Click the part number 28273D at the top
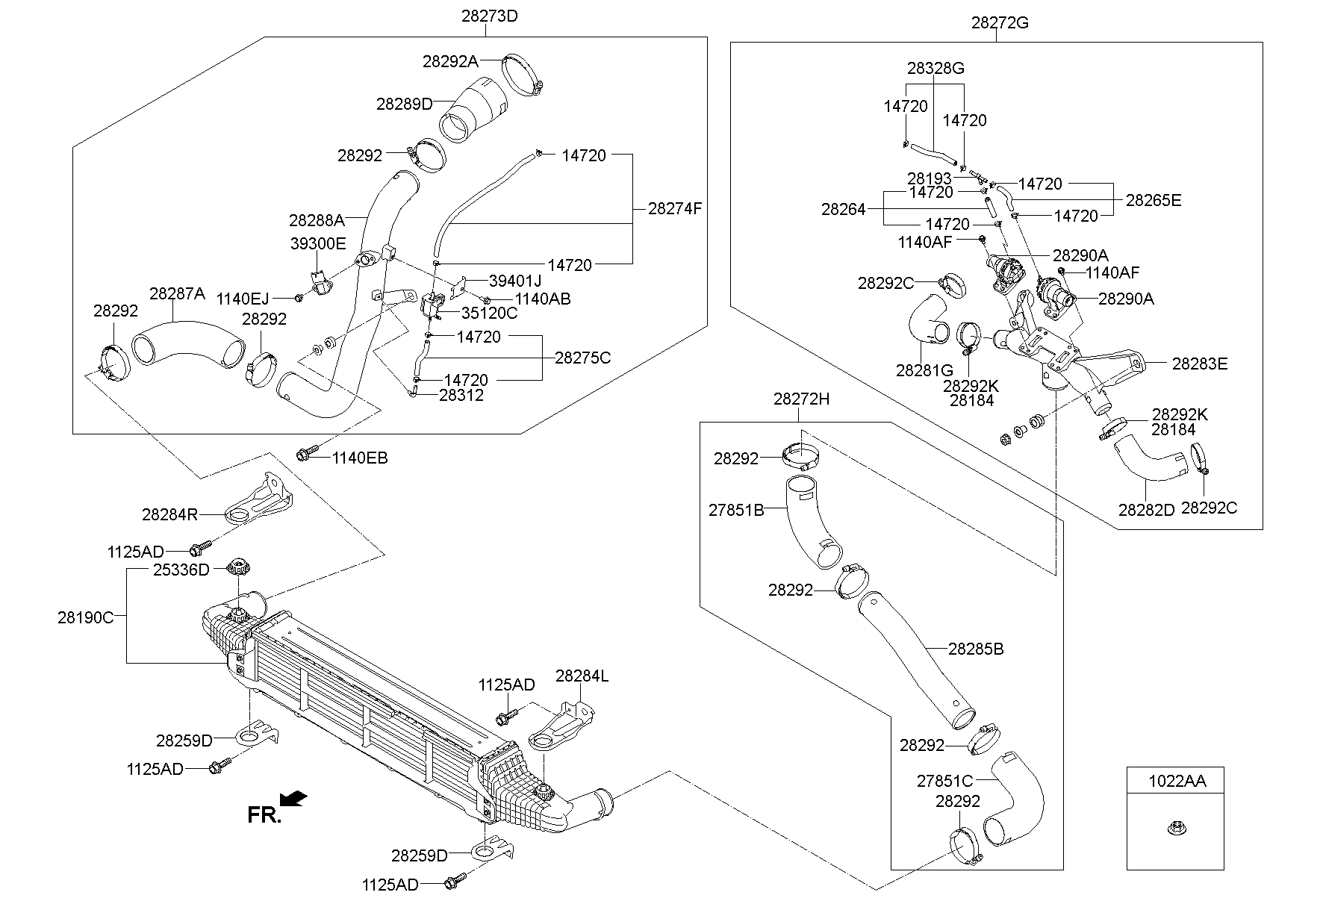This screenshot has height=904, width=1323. pos(489,15)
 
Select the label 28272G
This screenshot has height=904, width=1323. pos(1000,23)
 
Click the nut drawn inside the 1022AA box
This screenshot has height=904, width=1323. pos(1176,828)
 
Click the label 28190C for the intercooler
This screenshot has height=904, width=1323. pos(86,617)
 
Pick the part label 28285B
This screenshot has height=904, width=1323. pos(976,649)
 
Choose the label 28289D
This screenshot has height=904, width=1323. pos(404,104)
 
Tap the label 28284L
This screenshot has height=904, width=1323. pos(582,676)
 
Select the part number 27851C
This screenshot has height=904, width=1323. pos(944,781)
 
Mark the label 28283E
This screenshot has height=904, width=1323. pos(1199,364)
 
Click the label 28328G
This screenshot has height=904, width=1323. pos(936,69)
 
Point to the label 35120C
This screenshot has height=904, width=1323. pos(489,313)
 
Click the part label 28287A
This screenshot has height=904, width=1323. pos(177,294)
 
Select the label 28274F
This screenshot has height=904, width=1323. pos(674,209)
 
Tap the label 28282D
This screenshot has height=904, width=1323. pos(1146,510)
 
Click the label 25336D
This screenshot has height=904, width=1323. pos(181,570)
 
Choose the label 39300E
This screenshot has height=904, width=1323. pos(318,243)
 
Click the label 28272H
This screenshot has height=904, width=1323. pos(801,399)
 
